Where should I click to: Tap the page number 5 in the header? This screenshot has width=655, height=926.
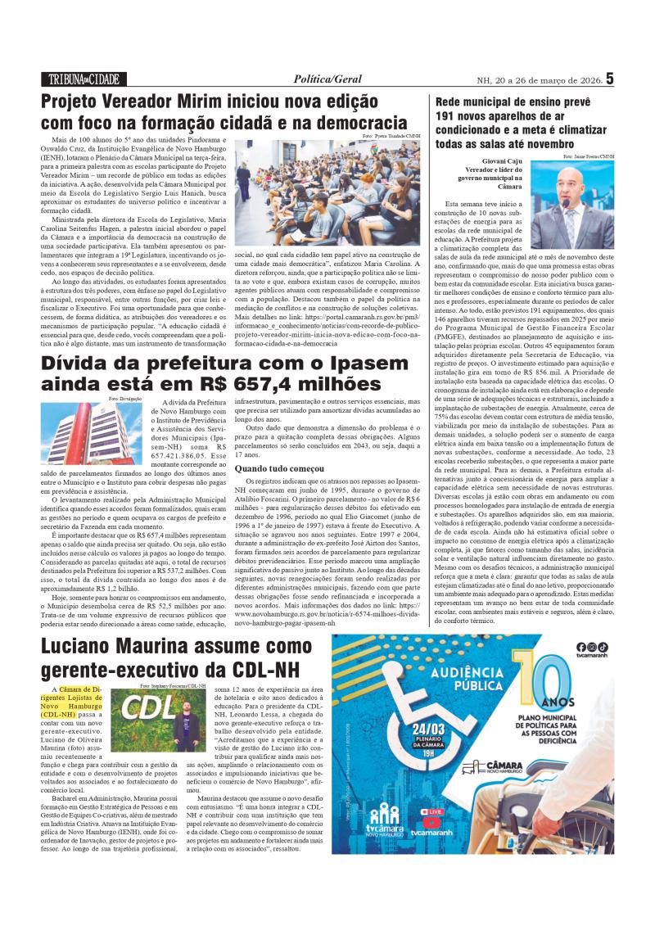pyautogui.click(x=609, y=79)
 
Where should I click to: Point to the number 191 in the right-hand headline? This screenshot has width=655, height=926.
pyautogui.click(x=449, y=116)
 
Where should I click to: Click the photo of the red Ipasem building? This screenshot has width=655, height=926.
pyautogui.click(x=99, y=433)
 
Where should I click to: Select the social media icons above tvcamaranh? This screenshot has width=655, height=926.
pyautogui.click(x=592, y=647)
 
